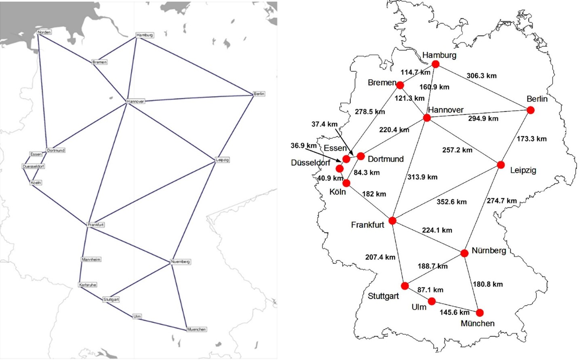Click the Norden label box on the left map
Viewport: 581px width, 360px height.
[44, 32]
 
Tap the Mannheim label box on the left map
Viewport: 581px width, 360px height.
[91, 259]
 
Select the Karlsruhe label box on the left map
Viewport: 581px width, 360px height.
[88, 285]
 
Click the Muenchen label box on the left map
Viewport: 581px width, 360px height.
[196, 329]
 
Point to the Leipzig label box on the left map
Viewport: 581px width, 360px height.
[222, 160]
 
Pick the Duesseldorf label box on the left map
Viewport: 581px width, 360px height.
[34, 166]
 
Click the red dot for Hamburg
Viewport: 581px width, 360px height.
[435, 64]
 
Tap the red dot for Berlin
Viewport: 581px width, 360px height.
[530, 110]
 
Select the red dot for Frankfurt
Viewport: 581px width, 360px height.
[392, 221]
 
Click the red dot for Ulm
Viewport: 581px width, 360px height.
[432, 301]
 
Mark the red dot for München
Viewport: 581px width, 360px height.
[480, 313]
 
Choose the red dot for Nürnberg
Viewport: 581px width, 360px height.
[464, 253]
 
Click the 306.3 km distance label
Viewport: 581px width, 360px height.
[481, 76]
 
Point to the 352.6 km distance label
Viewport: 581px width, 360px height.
[451, 202]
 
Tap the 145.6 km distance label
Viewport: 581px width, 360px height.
[455, 312]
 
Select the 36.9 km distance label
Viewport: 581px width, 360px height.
[303, 145]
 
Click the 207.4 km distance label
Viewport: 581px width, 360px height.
[380, 257]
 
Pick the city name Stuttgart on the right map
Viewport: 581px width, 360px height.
[383, 296]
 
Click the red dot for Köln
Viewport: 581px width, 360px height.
[346, 183]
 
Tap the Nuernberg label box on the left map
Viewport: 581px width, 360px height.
[180, 262]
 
